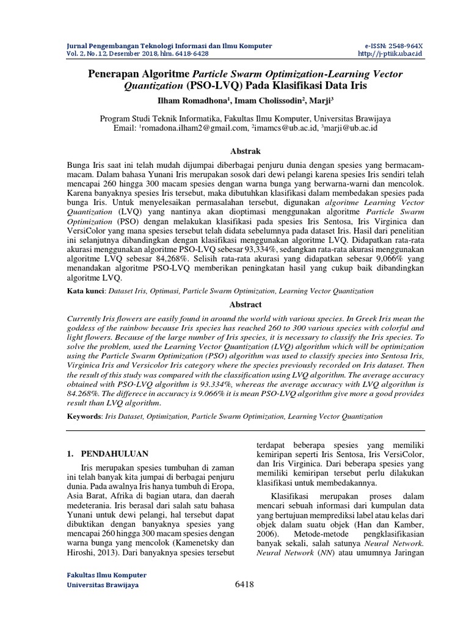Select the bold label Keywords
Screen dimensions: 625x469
click(x=85, y=416)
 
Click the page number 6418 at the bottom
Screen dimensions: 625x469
click(x=244, y=584)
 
